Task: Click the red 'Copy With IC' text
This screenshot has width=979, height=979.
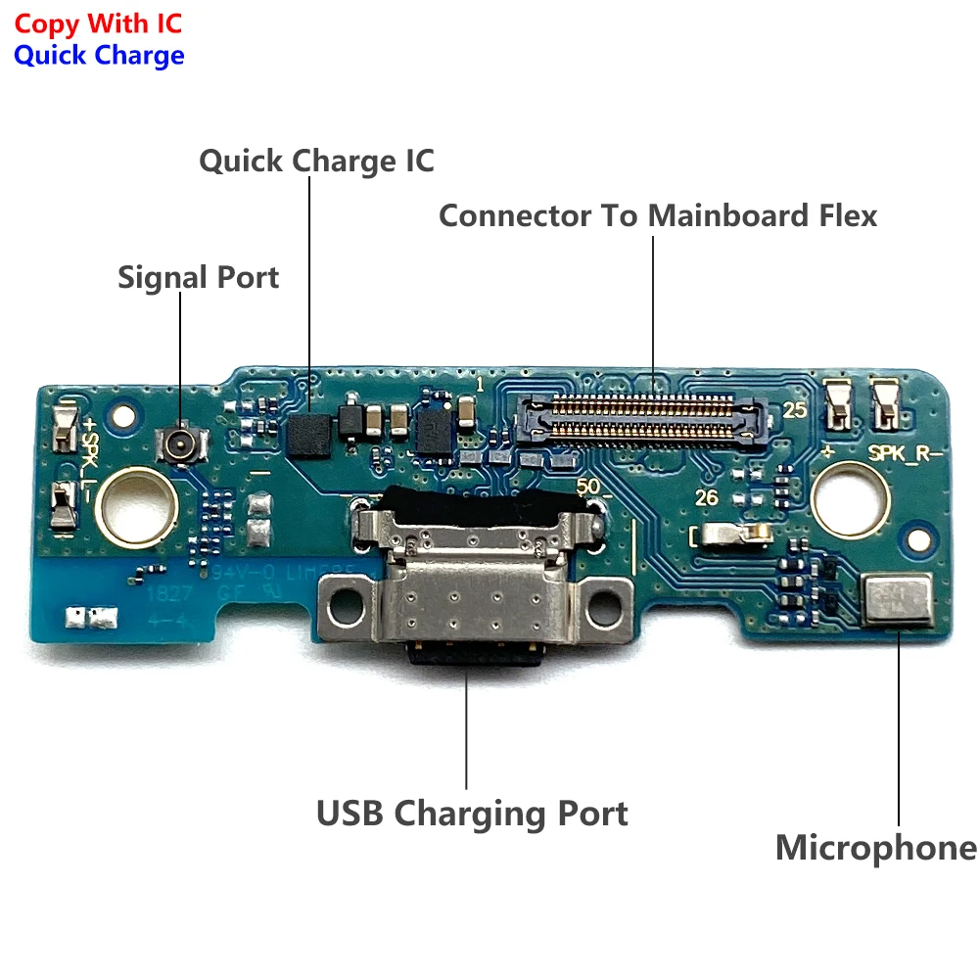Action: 98,23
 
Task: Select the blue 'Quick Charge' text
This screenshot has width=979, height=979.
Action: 99,55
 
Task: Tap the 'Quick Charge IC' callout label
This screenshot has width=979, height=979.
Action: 316,161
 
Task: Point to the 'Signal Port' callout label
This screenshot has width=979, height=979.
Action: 198,277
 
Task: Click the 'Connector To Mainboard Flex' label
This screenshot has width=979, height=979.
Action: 657,215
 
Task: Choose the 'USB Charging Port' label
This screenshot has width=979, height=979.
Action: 472,813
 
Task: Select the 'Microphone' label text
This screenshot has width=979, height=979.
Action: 875,848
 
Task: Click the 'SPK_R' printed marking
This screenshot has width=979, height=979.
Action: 907,452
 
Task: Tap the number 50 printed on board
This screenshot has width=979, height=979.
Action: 589,487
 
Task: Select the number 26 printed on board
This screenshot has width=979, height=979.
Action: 706,497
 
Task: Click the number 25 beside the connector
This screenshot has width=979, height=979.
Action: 794,411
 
